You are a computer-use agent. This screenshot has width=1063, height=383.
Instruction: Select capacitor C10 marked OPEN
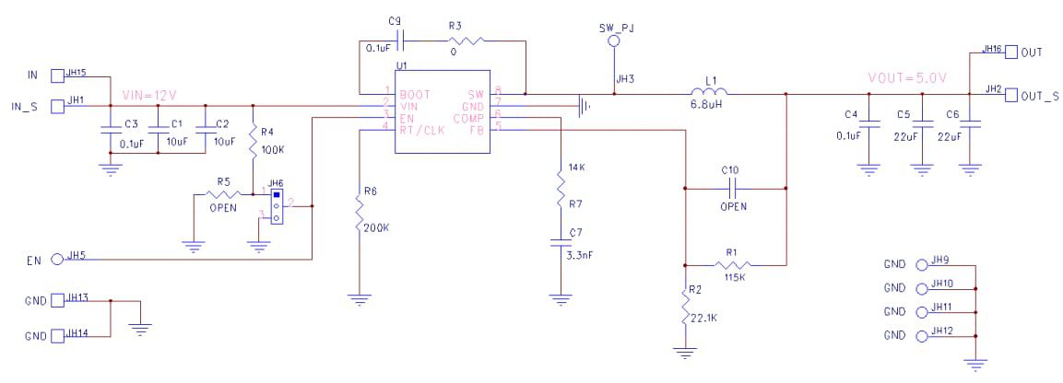pos(733,188)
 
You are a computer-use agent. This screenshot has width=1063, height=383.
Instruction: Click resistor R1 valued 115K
pos(733,265)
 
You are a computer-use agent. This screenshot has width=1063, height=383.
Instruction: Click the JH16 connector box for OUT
pos(1010,52)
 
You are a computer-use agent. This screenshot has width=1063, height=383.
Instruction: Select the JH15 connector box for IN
pos(57,75)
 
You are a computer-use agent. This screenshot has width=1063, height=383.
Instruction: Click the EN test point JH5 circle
pos(57,260)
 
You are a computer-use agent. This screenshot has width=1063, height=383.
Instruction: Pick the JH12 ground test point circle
pos(924,335)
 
